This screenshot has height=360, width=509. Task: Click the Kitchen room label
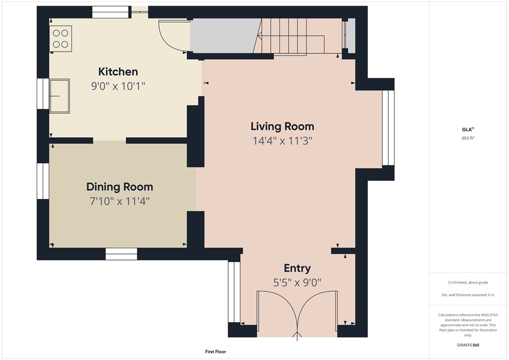point(118,72)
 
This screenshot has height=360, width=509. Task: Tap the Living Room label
point(282,126)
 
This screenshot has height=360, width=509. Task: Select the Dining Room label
point(120,187)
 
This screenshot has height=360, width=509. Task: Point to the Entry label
point(297,268)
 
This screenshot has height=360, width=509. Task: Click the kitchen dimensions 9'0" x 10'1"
point(118,86)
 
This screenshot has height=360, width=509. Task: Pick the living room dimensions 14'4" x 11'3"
point(282,141)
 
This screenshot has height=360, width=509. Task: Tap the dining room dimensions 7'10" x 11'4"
point(120,201)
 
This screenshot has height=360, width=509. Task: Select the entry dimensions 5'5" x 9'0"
point(297,283)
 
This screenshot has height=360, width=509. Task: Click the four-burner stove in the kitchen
point(61,39)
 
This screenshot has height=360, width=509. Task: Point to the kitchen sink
point(60,96)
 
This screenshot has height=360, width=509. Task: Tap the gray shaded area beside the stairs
point(225,36)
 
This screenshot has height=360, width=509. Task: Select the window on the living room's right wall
point(388,128)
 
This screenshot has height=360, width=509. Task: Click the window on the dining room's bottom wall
point(121,254)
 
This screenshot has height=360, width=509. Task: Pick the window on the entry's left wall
point(234,292)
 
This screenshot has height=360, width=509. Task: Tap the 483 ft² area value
point(468,138)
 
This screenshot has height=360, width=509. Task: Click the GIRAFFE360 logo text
point(468,345)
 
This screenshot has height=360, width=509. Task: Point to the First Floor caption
point(216,352)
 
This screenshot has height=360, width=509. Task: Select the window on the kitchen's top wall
point(111,12)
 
